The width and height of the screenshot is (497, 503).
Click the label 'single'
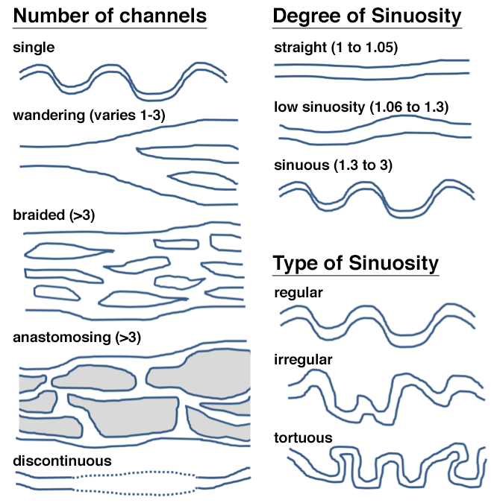33,48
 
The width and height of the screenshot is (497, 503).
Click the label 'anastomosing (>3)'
77,337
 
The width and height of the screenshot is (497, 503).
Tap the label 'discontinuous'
62,461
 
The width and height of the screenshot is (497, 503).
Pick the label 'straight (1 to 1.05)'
336,48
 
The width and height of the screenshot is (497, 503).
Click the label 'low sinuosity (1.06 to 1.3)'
361,107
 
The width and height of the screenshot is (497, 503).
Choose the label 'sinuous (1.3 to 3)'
331,164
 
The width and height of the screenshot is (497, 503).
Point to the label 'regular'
298,292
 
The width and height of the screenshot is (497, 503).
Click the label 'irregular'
303,360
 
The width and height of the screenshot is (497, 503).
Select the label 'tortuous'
302,437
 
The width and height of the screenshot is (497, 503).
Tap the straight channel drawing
372,69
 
